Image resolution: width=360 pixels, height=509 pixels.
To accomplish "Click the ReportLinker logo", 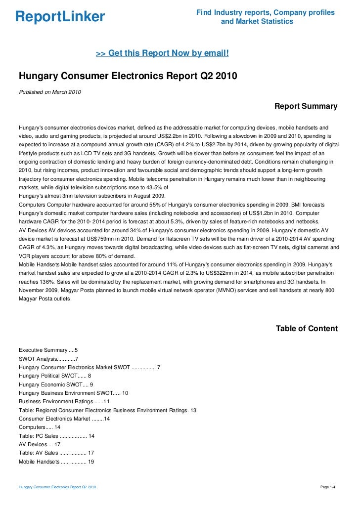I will pos(60,17).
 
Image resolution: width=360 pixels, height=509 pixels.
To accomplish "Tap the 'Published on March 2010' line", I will pos(49,92).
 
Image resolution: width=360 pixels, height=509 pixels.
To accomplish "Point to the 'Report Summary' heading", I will pos(306,106).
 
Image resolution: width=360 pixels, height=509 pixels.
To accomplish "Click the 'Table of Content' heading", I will pos(307,329).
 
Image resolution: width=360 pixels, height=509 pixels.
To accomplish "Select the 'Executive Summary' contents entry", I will pos(48,350).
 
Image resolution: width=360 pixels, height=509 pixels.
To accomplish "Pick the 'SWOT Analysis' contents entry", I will pos(48,359).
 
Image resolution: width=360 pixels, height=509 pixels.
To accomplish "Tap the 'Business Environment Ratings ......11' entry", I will pos(64,401).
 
